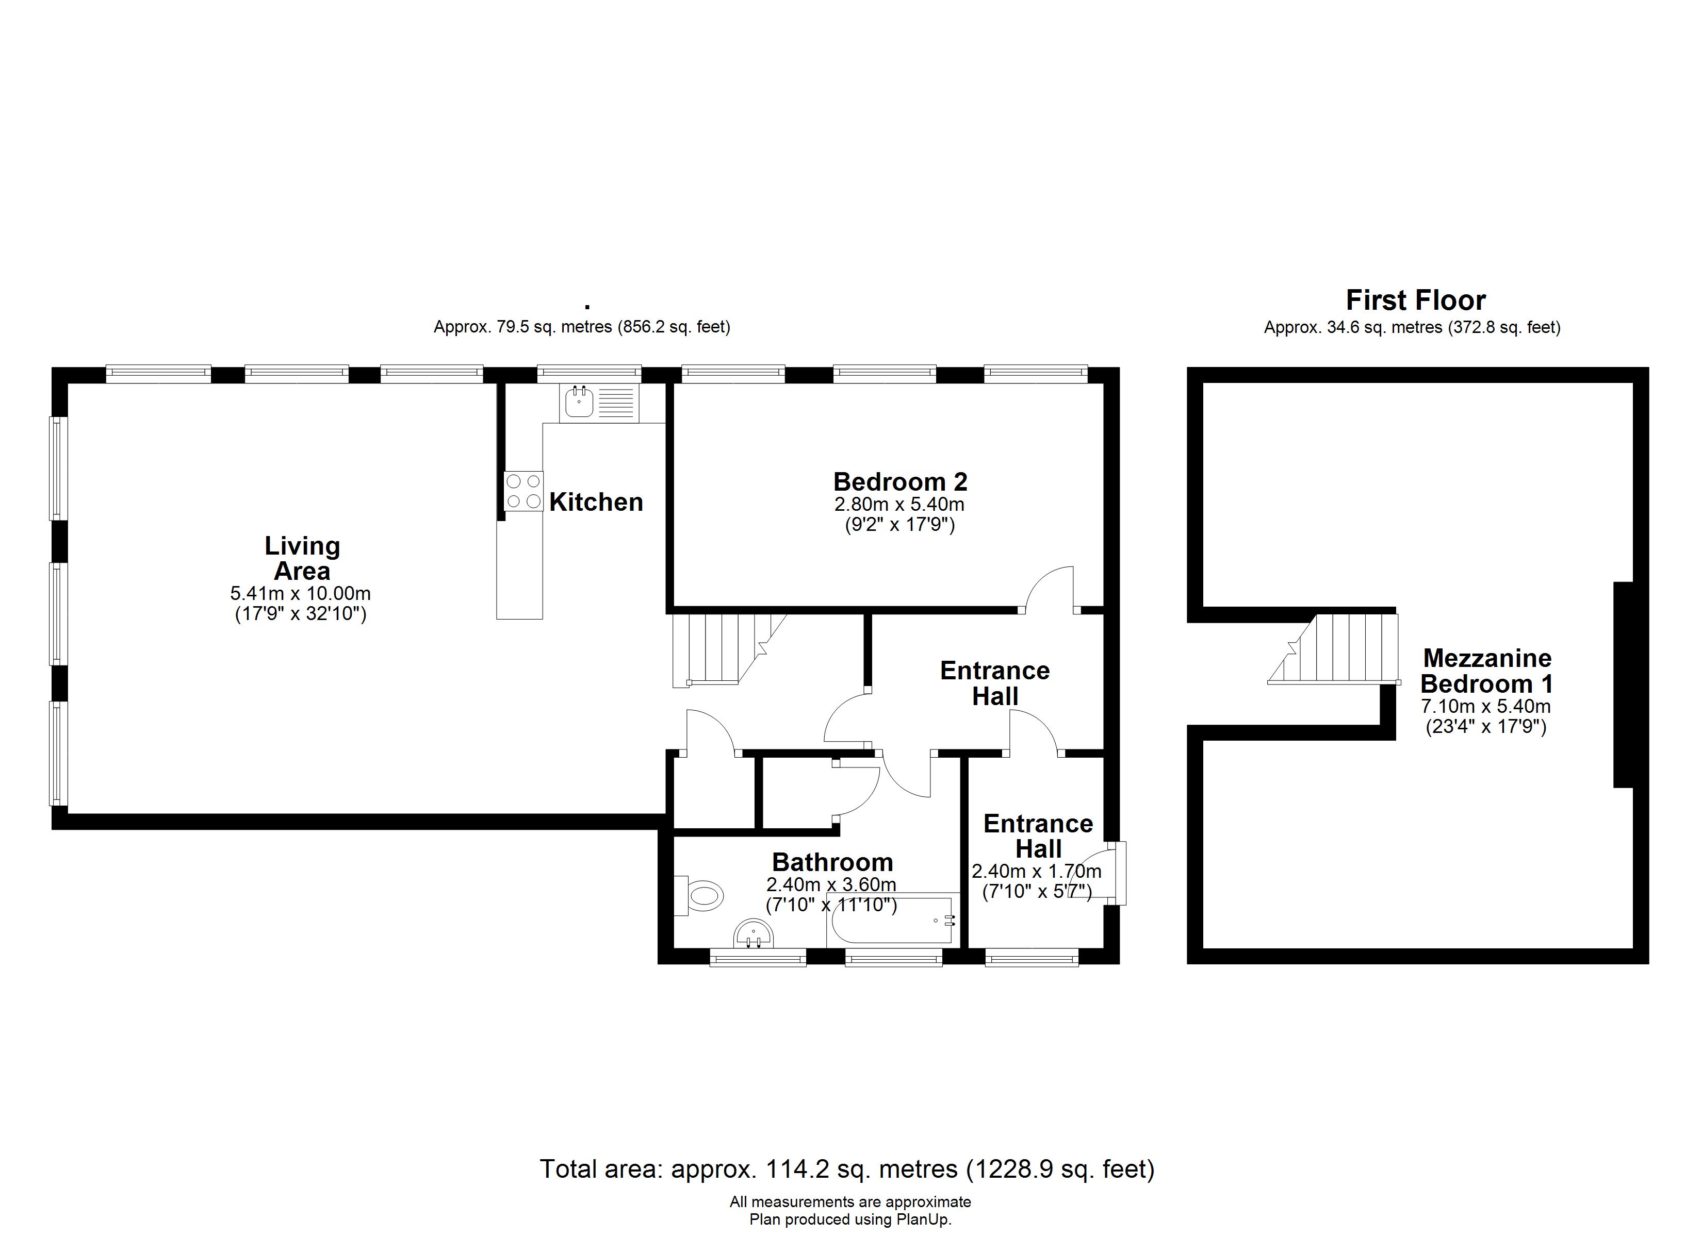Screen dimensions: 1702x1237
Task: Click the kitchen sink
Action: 599,403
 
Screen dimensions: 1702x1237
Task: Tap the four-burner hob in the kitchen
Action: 523,491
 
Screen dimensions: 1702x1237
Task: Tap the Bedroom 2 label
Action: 901,481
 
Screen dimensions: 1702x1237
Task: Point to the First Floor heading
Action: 1415,300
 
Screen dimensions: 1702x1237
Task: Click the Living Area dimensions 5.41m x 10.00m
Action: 300,593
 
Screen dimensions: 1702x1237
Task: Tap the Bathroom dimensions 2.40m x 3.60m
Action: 831,885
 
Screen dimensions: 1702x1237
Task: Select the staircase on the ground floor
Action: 728,649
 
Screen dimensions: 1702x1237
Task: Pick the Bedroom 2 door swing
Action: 1050,590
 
